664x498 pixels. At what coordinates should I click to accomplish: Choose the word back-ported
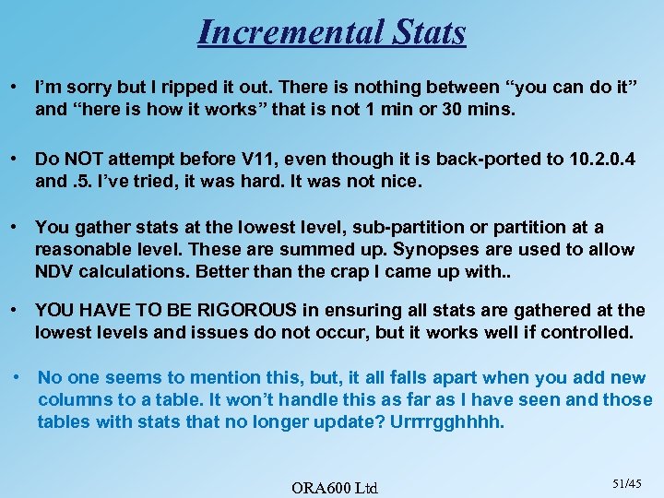coord(430,159)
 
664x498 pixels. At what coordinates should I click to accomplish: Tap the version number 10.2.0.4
coord(598,159)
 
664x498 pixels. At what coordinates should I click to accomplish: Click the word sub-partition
coord(356,228)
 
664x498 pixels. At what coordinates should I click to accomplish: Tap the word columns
coord(72,400)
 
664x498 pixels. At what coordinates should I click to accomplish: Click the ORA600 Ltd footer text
coord(335,486)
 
